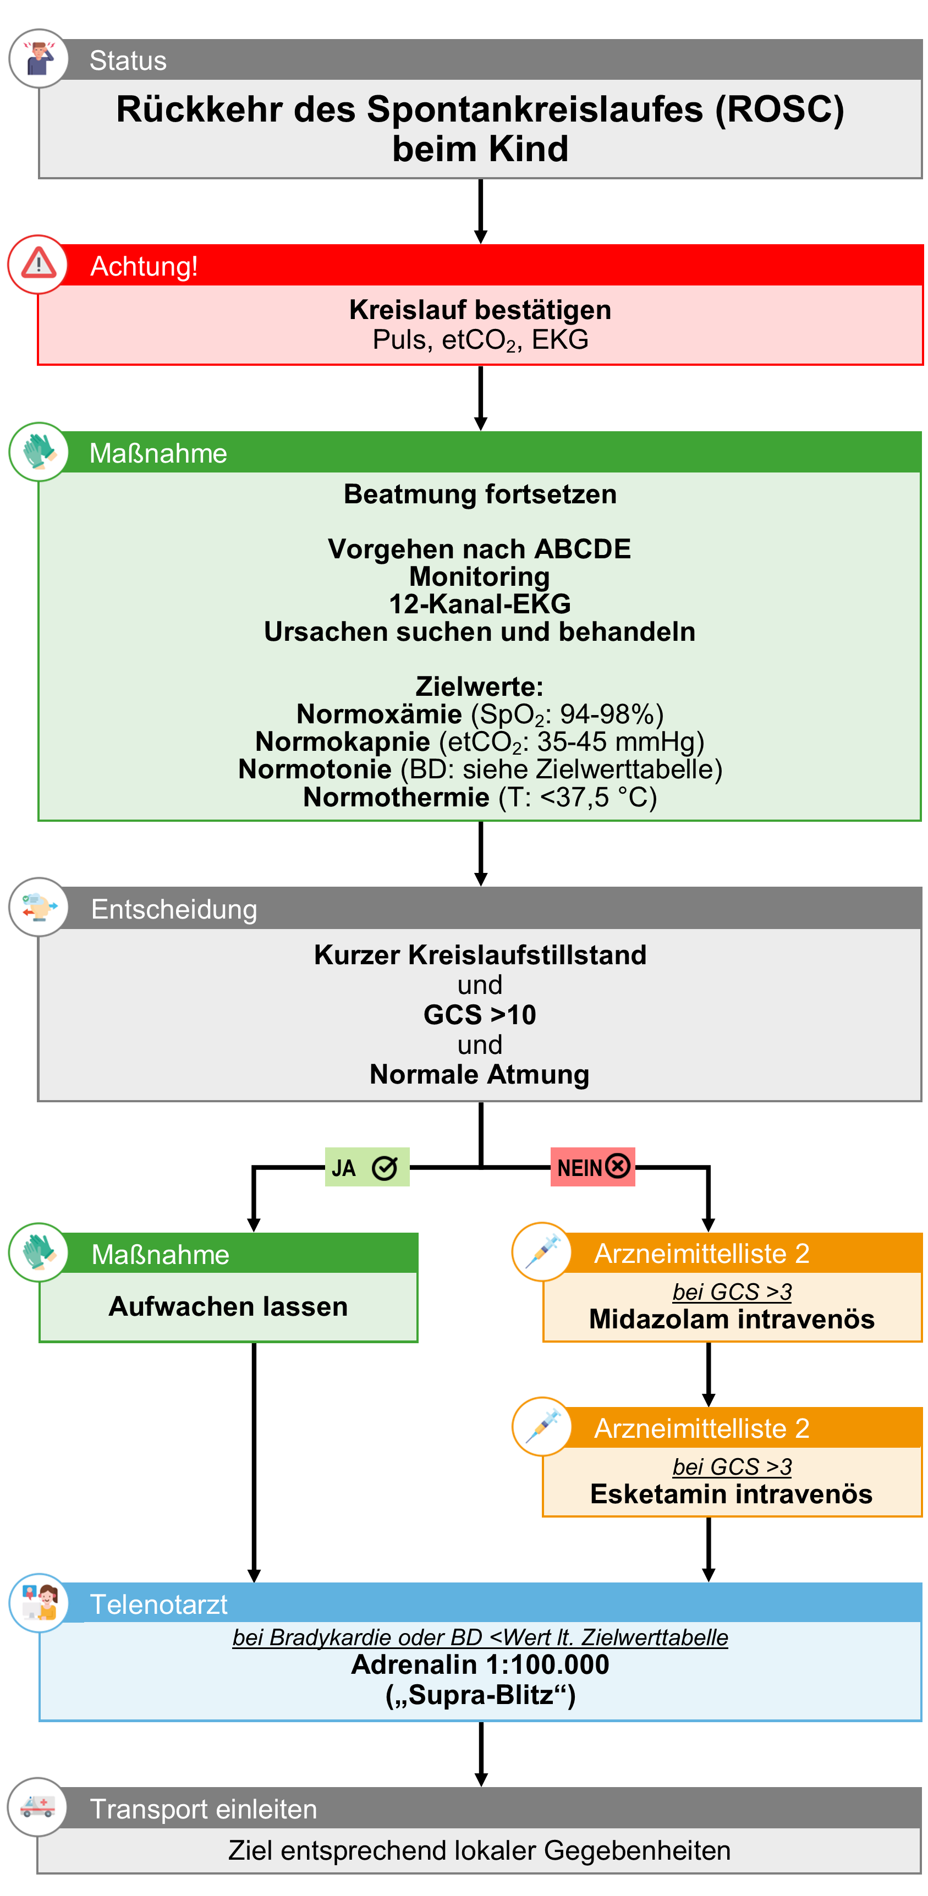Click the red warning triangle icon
click(x=39, y=263)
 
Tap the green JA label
click(x=366, y=1167)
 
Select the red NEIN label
click(x=592, y=1167)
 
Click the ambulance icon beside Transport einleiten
click(x=37, y=1806)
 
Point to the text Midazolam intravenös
click(x=732, y=1319)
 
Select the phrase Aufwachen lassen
click(x=228, y=1306)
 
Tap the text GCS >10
click(x=480, y=1014)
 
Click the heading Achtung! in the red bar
click(x=144, y=266)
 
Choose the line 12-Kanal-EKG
click(x=480, y=603)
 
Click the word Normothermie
click(x=396, y=796)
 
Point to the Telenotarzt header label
click(x=158, y=1604)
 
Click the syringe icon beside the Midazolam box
click(x=542, y=1251)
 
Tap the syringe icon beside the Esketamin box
click(x=542, y=1426)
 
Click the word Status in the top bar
click(x=128, y=61)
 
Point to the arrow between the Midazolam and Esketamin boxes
click(x=708, y=1373)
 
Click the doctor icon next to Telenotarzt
click(x=39, y=1602)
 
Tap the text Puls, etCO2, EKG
click(x=480, y=340)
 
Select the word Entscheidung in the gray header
click(x=174, y=909)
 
